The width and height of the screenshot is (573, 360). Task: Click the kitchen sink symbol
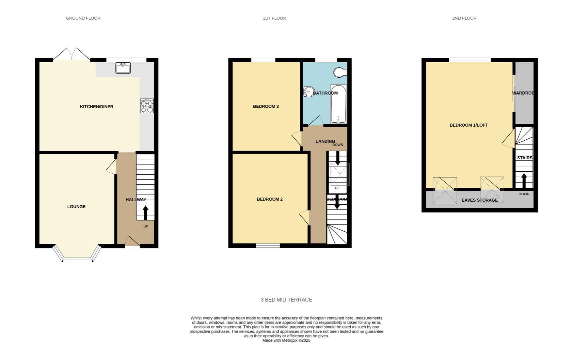[x=123, y=68]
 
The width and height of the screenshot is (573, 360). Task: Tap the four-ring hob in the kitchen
[x=147, y=106]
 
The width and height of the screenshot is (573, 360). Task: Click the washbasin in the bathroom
[x=309, y=91]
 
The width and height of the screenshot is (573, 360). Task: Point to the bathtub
[x=339, y=104]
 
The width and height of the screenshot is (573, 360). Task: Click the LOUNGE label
[x=76, y=207]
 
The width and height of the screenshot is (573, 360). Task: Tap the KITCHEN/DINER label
[x=96, y=107]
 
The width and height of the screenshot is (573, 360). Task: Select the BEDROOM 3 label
[x=265, y=107]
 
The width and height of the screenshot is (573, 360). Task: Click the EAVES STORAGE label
[x=479, y=200]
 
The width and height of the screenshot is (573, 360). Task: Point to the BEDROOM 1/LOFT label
[x=468, y=125]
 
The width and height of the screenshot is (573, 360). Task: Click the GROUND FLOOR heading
[x=83, y=18]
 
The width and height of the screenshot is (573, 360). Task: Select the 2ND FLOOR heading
[x=464, y=18]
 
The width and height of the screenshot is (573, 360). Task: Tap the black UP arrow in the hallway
[x=145, y=213]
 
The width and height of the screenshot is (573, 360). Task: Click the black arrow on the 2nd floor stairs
[x=524, y=180]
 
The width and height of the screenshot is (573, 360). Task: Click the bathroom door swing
[x=316, y=121]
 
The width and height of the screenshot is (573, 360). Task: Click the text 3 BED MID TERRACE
[x=286, y=300]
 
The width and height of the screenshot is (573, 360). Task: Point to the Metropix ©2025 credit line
[x=286, y=341]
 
